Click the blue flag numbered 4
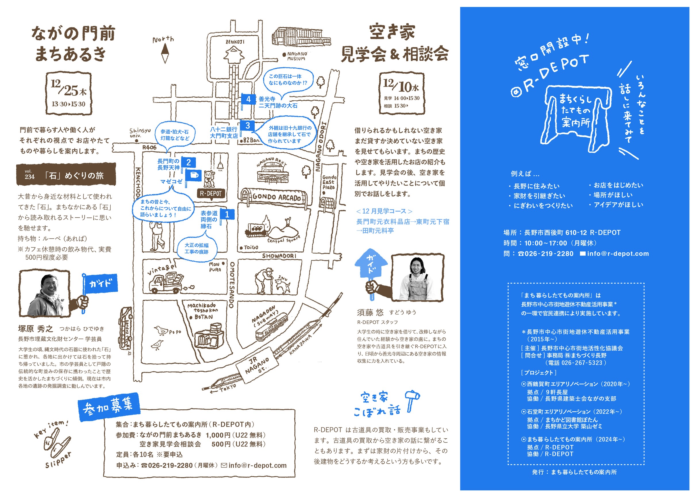(x=248, y=99)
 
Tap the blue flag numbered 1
(x=227, y=214)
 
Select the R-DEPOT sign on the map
(x=211, y=194)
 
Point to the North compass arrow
(x=165, y=53)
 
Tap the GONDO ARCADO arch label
(x=276, y=197)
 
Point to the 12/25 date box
(x=69, y=94)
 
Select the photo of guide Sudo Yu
(x=417, y=278)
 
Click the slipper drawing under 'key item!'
(x=57, y=444)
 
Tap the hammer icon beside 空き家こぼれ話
(x=412, y=400)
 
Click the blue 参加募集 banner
(x=108, y=407)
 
